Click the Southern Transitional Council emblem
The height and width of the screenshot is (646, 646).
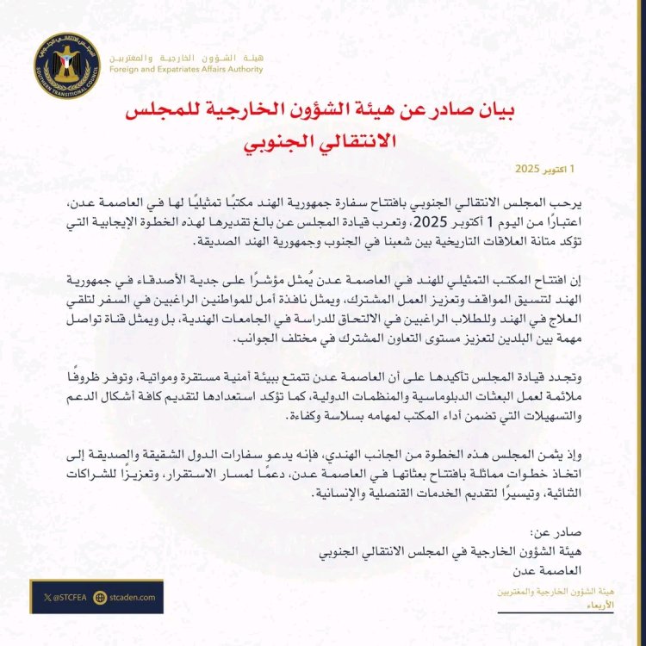tap(69, 67)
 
